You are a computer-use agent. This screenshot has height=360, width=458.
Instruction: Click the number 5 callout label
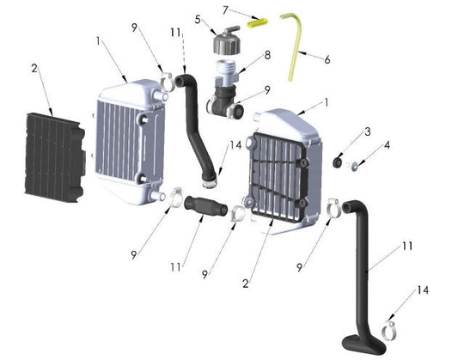pos(197,19)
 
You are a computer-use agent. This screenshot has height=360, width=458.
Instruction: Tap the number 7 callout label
pos(226,10)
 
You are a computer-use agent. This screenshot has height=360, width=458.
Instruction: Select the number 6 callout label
pos(327,60)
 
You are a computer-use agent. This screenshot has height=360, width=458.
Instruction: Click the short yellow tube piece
pos(258,24)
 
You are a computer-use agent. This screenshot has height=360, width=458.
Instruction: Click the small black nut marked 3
pos(339,161)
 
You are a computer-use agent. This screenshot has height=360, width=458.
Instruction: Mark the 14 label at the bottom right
pos(422,290)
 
